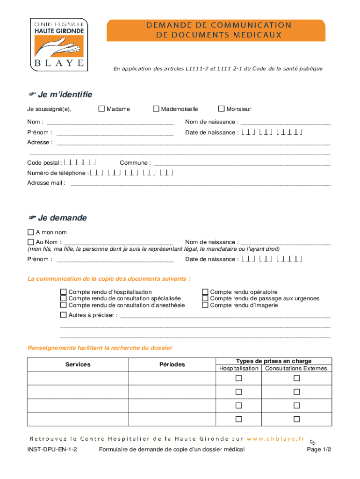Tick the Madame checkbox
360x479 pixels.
click(101, 109)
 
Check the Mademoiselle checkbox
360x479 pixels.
click(157, 109)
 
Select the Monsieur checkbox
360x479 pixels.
click(222, 109)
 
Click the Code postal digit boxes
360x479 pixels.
click(80, 163)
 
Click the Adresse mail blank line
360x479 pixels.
click(200, 184)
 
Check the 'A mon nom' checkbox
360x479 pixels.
click(31, 232)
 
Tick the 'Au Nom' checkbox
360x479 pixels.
click(31, 242)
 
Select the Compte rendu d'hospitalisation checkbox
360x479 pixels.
click(64, 292)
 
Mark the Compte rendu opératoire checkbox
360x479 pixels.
click(205, 292)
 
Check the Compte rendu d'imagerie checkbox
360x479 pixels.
click(205, 305)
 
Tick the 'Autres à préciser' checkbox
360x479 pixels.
click(64, 315)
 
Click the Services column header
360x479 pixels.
click(78, 364)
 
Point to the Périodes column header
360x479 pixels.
click(172, 364)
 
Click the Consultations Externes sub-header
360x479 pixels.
click(296, 369)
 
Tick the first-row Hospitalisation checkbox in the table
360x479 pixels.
click(239, 378)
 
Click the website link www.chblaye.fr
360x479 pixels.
click(276, 439)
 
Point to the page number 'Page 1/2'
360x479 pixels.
click(319, 450)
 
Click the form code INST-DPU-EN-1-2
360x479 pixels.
click(52, 450)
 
